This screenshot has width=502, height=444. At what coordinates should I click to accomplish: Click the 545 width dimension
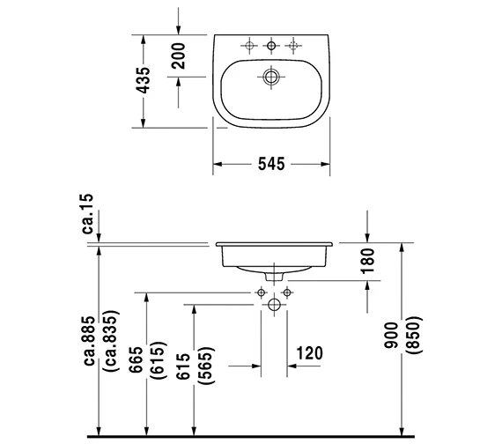(271, 164)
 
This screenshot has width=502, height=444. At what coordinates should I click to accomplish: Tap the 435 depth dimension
(143, 80)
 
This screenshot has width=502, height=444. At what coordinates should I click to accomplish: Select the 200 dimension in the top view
(178, 56)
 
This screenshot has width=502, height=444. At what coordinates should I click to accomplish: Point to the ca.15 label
(87, 213)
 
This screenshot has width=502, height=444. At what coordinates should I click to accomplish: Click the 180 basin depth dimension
(367, 261)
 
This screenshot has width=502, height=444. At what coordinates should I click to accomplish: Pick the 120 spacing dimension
(309, 353)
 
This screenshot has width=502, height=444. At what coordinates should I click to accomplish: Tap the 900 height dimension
(391, 335)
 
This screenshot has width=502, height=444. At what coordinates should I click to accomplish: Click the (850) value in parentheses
(413, 335)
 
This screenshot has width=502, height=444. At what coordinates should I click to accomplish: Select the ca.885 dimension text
(89, 341)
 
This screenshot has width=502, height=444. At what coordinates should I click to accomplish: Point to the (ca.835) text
(111, 341)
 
